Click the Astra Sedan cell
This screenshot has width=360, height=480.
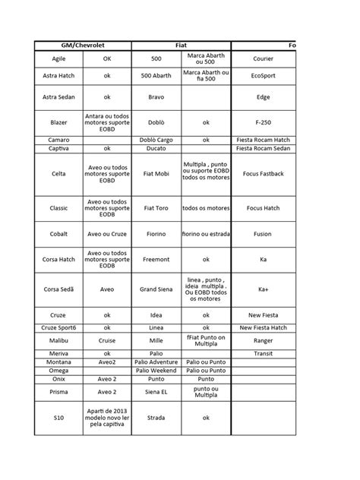[x=58, y=97]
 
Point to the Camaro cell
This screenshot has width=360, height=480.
[x=58, y=140]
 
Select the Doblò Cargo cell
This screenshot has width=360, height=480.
[x=156, y=140]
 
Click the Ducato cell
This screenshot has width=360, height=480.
[x=156, y=149]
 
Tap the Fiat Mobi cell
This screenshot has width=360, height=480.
[x=156, y=175]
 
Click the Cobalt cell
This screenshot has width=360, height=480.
[x=58, y=235]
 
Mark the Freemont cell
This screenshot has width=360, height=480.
[x=156, y=260]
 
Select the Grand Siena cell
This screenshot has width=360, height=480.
[x=156, y=289]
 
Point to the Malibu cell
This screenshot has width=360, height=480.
[x=58, y=341]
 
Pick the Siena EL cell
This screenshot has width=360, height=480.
[x=156, y=392]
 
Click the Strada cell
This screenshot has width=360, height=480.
[x=156, y=416]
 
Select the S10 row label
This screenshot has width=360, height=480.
[x=58, y=416]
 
